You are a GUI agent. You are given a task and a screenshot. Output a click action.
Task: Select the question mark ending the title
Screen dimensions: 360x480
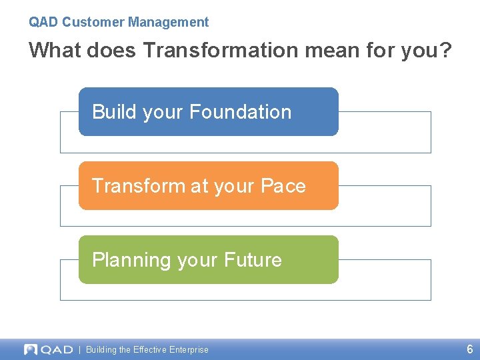click(x=445, y=50)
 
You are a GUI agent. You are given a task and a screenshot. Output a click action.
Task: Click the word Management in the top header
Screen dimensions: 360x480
click(x=169, y=22)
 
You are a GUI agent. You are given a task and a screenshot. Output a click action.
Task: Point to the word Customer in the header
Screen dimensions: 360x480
click(x=93, y=22)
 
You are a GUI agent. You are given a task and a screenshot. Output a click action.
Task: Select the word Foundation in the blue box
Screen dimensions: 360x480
click(x=241, y=111)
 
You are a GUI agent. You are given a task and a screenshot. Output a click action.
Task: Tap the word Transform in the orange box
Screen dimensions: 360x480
click(x=139, y=185)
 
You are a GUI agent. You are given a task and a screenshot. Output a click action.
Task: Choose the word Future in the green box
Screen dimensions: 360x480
click(x=253, y=259)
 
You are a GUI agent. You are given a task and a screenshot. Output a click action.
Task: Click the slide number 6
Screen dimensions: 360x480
click(x=469, y=349)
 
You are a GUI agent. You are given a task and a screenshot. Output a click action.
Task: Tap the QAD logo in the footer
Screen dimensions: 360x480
click(x=48, y=349)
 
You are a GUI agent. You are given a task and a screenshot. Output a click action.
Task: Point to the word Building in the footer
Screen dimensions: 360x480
click(x=101, y=349)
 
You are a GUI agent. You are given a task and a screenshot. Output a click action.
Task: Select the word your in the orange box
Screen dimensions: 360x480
click(x=232, y=185)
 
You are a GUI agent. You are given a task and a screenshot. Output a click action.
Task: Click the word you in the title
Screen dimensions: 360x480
click(x=418, y=50)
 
